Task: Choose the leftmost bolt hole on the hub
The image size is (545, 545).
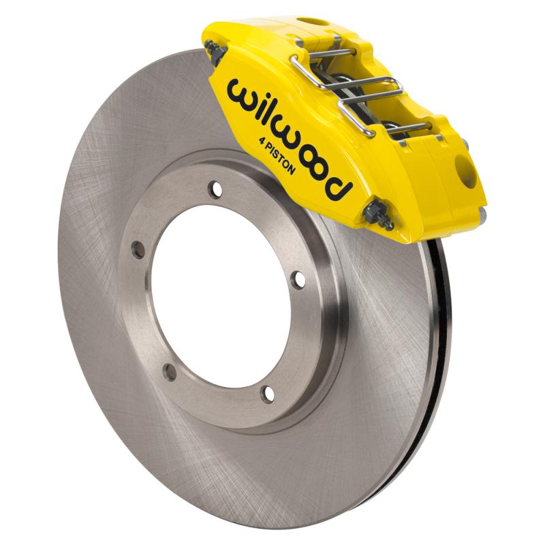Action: pyautogui.click(x=139, y=250)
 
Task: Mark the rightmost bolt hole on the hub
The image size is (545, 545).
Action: pyautogui.click(x=298, y=279)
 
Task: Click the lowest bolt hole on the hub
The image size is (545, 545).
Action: pyautogui.click(x=268, y=393)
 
